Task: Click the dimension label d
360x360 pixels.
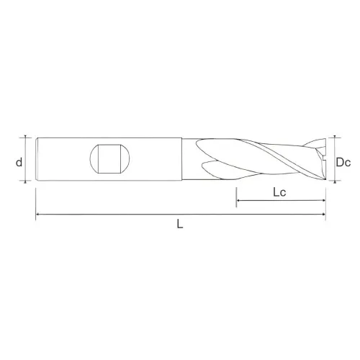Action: coord(19,163)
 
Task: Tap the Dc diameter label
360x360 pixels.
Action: coord(343,163)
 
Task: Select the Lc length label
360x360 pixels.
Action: coord(279,192)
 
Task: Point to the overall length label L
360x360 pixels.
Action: coord(180,224)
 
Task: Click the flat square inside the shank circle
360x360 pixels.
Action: coord(109,158)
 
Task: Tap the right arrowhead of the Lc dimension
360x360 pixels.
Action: coord(324,200)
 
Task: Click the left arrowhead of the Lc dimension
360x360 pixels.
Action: coord(238,200)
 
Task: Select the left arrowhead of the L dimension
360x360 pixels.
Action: coord(37,215)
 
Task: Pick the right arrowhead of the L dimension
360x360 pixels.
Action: coord(324,215)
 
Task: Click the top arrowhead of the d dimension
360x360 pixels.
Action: coord(25,137)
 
